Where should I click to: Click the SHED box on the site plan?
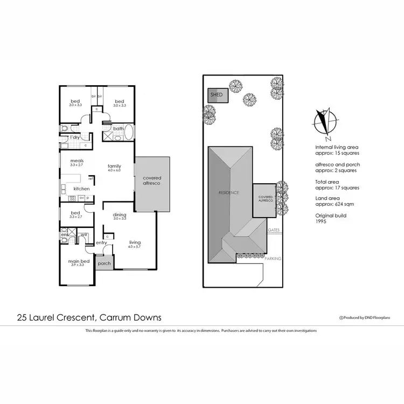(217, 95)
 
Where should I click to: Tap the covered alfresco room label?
(152, 181)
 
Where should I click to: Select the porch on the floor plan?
(103, 263)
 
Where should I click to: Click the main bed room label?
(76, 263)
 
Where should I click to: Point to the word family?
(114, 166)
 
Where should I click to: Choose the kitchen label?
(81, 189)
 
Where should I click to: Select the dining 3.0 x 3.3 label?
(119, 217)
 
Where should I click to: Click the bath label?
(118, 129)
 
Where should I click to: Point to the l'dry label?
(75, 137)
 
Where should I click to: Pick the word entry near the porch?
(102, 243)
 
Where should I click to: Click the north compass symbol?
(325, 122)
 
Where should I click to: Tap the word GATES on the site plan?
(273, 230)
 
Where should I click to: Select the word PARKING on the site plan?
(273, 259)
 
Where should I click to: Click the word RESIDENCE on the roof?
(228, 192)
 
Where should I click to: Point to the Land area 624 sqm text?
(335, 201)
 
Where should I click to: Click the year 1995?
(321, 222)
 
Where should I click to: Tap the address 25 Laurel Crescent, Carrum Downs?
(89, 317)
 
